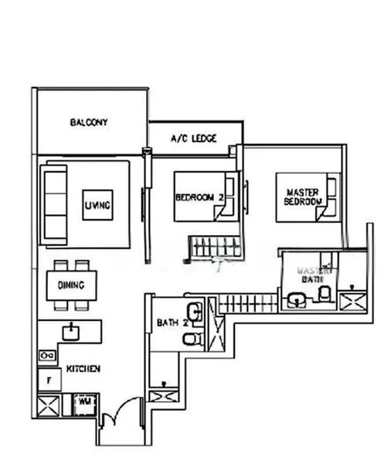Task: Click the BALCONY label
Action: point(89,122)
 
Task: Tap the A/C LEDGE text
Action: point(193,139)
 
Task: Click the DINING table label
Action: point(71,285)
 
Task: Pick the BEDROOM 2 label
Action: point(199,198)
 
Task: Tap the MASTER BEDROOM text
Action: point(303,196)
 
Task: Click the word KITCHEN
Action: point(83,369)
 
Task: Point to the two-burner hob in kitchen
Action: point(46,356)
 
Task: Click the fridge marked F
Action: point(49,380)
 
